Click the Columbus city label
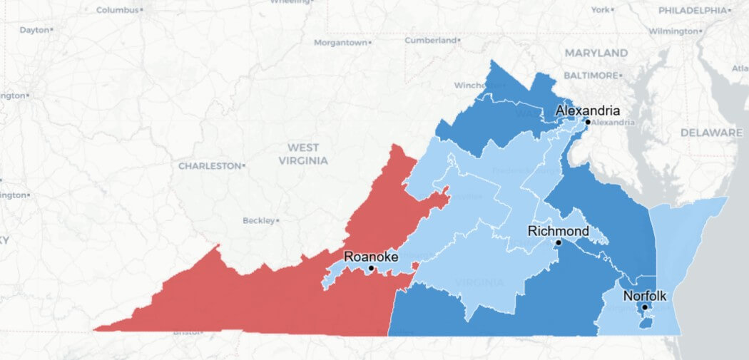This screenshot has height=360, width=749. pos(118,10)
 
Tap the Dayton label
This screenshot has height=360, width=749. pos(34,30)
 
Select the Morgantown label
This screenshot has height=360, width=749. pos(341,43)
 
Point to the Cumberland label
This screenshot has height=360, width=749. pos(429,41)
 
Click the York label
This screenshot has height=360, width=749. pos(600,10)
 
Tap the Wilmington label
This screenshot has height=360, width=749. pos(673,31)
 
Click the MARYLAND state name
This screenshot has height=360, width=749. pos(596,53)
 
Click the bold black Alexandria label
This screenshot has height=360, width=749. pos(588,110)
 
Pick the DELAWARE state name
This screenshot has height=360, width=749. pos(711,133)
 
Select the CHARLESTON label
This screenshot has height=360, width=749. pos(210,165)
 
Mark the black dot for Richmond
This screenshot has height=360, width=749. pos(559,242)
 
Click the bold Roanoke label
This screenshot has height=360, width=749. pos(371,256)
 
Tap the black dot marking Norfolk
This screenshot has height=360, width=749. pos(644,307)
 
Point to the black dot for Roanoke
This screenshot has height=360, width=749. pos(371,268)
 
